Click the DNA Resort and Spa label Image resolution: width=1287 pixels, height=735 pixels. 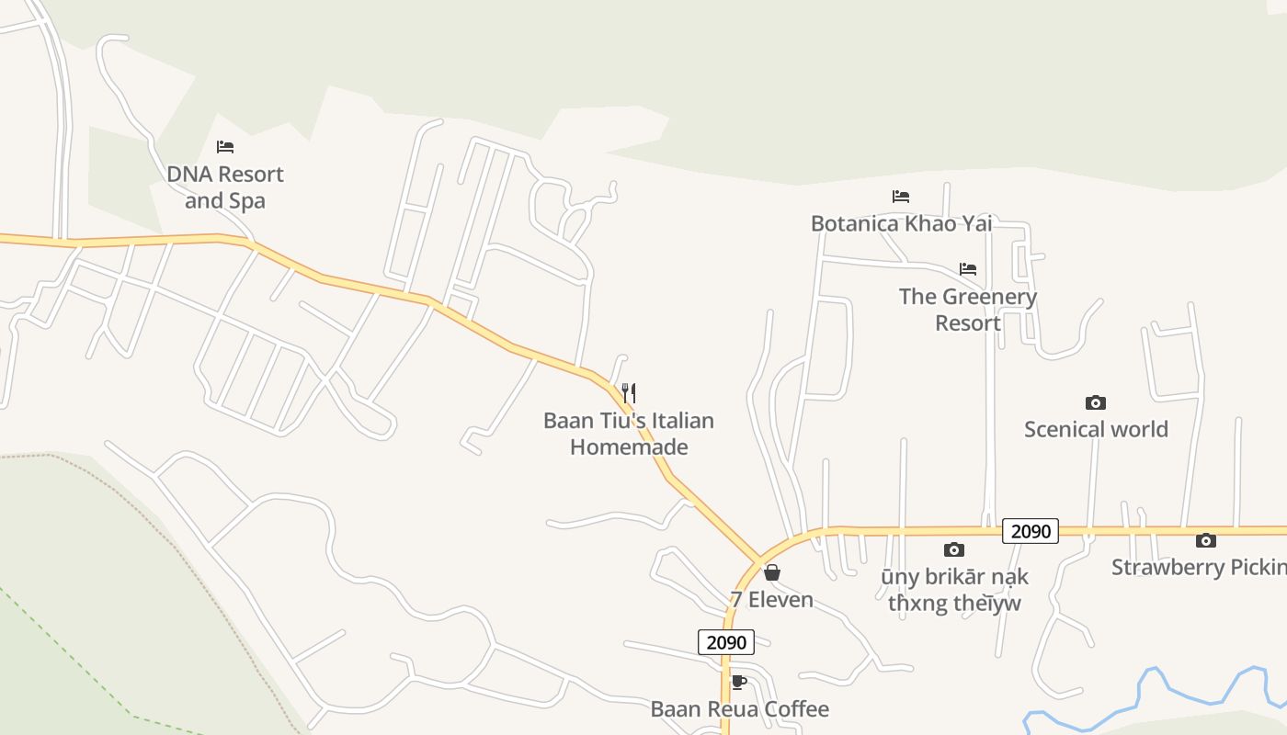pyautogui.click(x=225, y=187)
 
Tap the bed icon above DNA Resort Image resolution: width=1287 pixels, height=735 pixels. pyautogui.click(x=225, y=147)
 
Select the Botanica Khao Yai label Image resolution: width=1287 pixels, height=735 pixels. pyautogui.click(x=901, y=223)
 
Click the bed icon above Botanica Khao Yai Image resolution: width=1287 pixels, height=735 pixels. pyautogui.click(x=901, y=197)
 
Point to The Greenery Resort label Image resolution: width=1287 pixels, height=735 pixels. pyautogui.click(x=968, y=310)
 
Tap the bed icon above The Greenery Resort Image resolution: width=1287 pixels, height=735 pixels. pyautogui.click(x=968, y=269)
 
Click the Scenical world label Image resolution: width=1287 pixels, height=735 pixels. pyautogui.click(x=1096, y=429)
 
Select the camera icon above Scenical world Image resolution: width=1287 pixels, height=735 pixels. pyautogui.click(x=1095, y=402)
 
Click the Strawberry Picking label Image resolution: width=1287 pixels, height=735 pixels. pyautogui.click(x=1199, y=567)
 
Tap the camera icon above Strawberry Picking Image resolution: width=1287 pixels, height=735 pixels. pyautogui.click(x=1206, y=540)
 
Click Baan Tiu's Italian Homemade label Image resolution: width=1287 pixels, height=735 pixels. pyautogui.click(x=629, y=434)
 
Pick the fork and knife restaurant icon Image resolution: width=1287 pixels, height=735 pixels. pyautogui.click(x=629, y=393)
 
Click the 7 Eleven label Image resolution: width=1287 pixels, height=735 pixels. pyautogui.click(x=772, y=600)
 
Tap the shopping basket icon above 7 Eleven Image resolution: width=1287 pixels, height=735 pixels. pyautogui.click(x=772, y=573)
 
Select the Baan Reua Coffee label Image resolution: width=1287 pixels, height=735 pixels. pyautogui.click(x=739, y=709)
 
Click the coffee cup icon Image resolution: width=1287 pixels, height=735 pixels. pyautogui.click(x=737, y=682)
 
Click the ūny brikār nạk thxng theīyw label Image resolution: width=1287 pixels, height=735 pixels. pyautogui.click(x=954, y=590)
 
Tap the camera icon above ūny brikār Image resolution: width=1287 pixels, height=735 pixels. pyautogui.click(x=954, y=549)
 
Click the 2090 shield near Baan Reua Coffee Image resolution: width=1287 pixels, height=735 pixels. pyautogui.click(x=726, y=642)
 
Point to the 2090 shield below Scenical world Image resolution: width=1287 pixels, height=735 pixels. pyautogui.click(x=1031, y=531)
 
